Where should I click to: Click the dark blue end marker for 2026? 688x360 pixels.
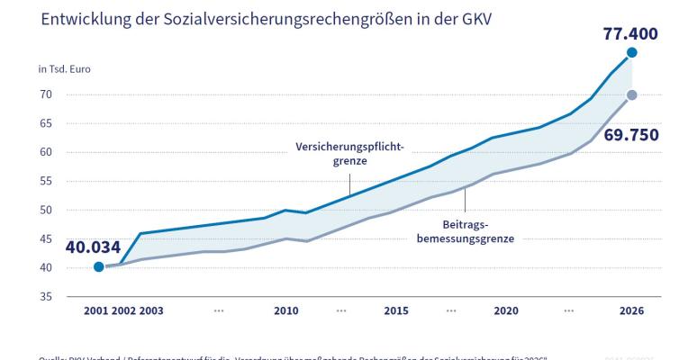coord(632,53)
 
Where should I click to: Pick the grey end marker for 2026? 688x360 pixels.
coord(632,95)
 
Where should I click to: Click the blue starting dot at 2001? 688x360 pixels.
coord(98,266)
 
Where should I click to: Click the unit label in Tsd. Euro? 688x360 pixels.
coord(64,69)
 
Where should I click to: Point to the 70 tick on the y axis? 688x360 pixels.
coord(45,94)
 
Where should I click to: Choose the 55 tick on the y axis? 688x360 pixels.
coord(45,181)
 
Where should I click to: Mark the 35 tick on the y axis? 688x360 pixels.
coord(45,297)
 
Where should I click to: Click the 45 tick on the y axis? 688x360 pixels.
coord(45,238)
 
